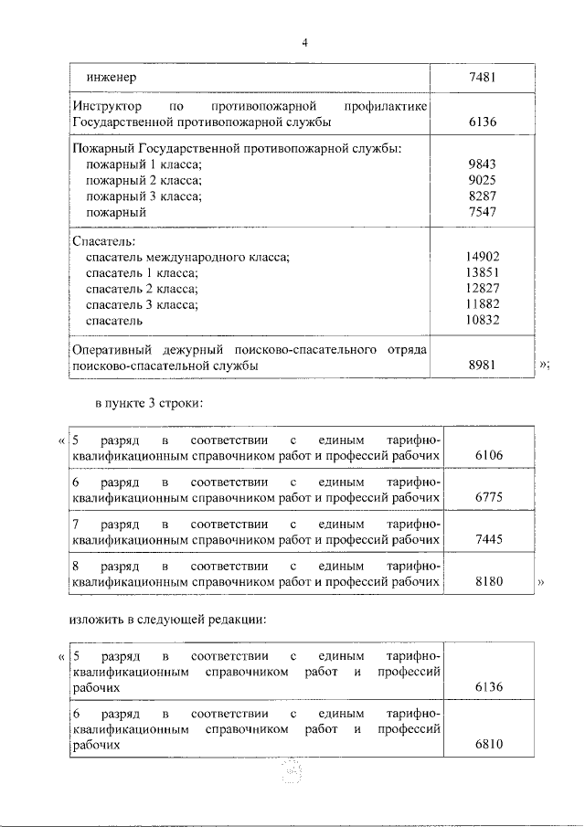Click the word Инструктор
coord(107,107)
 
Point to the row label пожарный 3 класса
coord(144,196)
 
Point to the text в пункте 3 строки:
coord(149,402)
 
